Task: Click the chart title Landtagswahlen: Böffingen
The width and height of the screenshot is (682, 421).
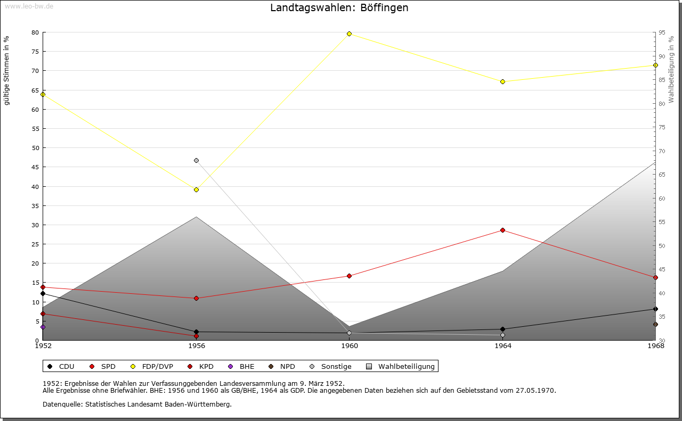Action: [x=339, y=8]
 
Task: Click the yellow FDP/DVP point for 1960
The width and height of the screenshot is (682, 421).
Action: [x=349, y=34]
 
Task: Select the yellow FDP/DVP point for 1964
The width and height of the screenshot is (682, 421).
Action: [x=502, y=81]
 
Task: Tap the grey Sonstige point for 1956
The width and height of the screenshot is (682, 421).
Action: [x=196, y=160]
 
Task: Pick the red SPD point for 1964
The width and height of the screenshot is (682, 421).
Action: [x=502, y=230]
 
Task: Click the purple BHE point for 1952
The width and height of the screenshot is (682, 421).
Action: [x=43, y=327]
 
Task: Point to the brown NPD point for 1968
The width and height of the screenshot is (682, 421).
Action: [x=655, y=324]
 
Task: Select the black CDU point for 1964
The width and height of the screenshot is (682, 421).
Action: [x=502, y=329]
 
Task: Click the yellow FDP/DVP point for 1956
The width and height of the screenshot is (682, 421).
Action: [x=196, y=189]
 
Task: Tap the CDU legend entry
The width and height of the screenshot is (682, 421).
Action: [x=61, y=366]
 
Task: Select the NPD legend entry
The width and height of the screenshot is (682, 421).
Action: [x=282, y=366]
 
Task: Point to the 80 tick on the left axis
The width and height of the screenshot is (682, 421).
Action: [x=35, y=32]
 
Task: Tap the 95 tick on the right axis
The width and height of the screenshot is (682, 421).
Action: [x=661, y=32]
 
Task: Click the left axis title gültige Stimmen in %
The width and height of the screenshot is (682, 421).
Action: [x=7, y=70]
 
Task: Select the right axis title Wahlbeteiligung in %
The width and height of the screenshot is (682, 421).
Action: [x=671, y=69]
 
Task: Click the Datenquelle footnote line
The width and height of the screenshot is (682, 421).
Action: [x=137, y=404]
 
